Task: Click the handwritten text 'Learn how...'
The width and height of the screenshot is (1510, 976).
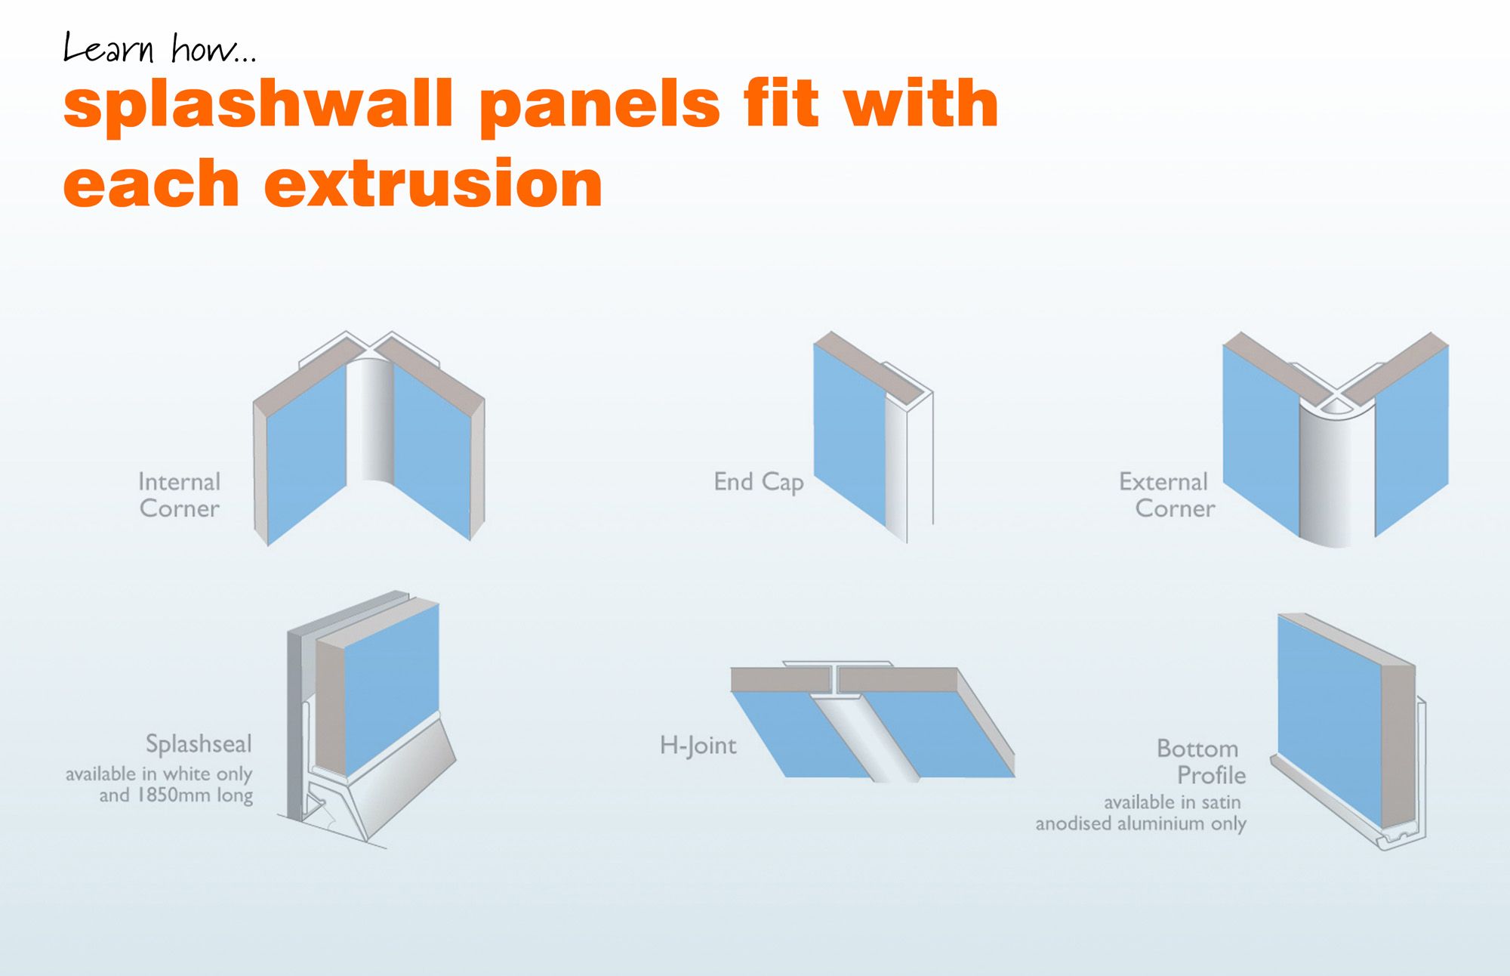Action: click(159, 48)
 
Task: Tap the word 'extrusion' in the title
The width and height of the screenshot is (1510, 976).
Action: click(433, 184)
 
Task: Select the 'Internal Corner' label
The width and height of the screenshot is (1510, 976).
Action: click(179, 495)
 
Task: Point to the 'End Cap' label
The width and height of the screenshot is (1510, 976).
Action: click(758, 482)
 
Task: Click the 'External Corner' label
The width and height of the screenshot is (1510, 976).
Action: click(1167, 495)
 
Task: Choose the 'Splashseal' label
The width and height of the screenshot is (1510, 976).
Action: click(199, 744)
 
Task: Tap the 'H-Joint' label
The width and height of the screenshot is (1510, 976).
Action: click(698, 746)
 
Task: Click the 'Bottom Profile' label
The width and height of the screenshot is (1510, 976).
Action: click(1200, 761)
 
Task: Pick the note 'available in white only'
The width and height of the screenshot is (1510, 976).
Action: click(159, 774)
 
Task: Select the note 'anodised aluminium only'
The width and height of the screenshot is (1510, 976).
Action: click(1140, 823)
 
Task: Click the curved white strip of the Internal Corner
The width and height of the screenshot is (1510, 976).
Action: click(370, 419)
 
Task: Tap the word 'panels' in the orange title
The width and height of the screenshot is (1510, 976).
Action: click(600, 105)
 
